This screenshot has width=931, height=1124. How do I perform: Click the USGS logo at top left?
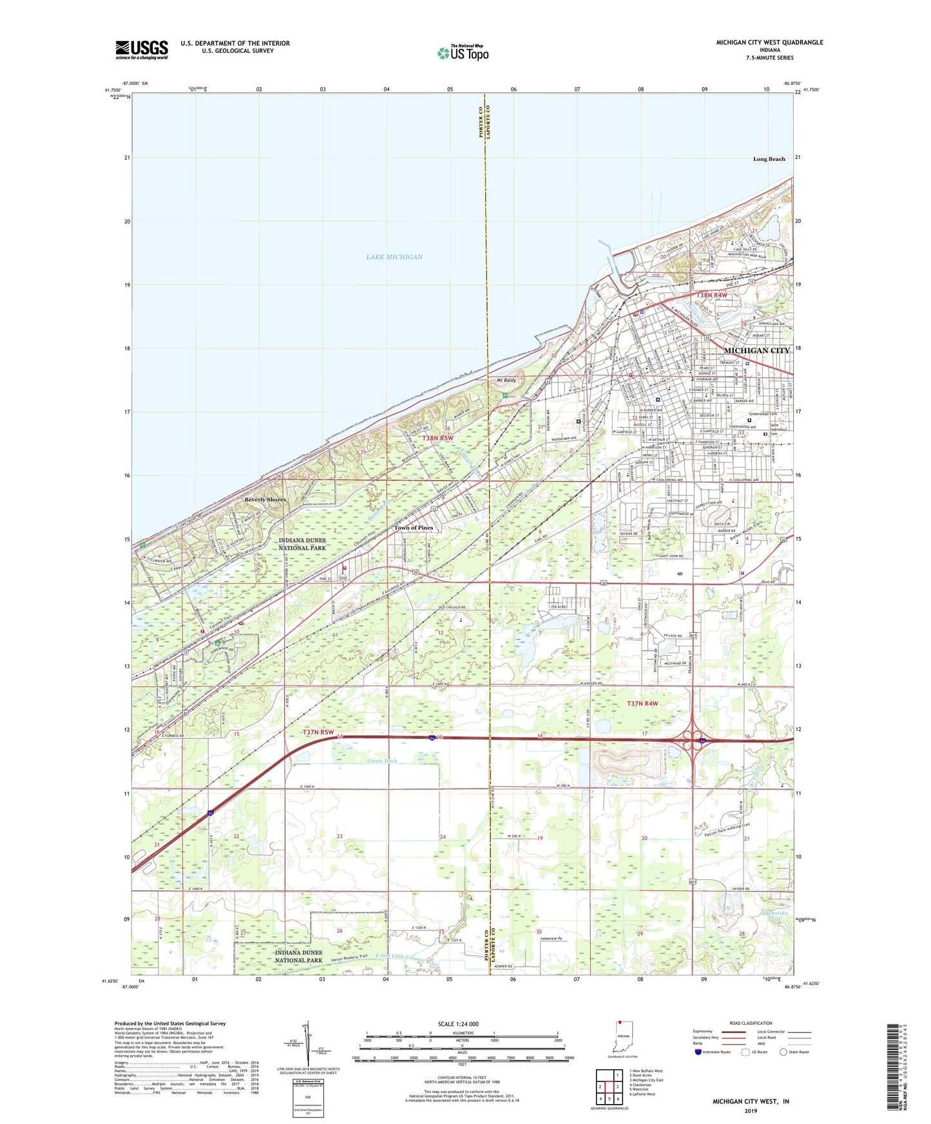click(x=142, y=49)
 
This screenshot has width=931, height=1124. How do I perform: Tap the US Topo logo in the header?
click(x=463, y=53)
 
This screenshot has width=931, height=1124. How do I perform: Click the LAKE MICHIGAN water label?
click(x=394, y=257)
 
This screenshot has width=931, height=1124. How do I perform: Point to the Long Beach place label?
click(x=769, y=159)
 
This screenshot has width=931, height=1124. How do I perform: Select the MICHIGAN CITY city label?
click(x=756, y=351)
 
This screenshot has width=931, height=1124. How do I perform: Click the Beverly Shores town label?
click(x=265, y=500)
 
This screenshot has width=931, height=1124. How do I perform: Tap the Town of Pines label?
click(x=414, y=528)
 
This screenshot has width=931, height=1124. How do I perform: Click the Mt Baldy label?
click(x=506, y=380)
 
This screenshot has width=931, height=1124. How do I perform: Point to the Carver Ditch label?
click(x=382, y=761)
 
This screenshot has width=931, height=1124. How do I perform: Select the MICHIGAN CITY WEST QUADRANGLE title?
click(x=769, y=42)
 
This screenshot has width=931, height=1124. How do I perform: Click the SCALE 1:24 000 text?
click(x=458, y=1024)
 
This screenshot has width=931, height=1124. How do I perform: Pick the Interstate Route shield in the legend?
click(x=698, y=1052)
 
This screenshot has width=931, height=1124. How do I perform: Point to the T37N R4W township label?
click(x=642, y=704)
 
